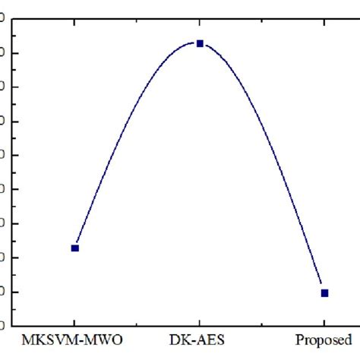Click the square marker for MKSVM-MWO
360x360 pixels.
74,248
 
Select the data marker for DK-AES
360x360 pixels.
200,43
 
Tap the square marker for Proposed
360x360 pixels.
324,292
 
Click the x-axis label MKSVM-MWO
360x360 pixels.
74,339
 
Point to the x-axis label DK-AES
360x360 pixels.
199,339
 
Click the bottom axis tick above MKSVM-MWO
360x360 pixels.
74,323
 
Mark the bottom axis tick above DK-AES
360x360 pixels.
200,323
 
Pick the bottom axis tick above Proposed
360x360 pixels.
324,323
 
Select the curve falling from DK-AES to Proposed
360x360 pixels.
273,144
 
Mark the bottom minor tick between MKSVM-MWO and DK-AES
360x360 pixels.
137,324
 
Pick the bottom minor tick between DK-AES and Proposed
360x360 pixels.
262,324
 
